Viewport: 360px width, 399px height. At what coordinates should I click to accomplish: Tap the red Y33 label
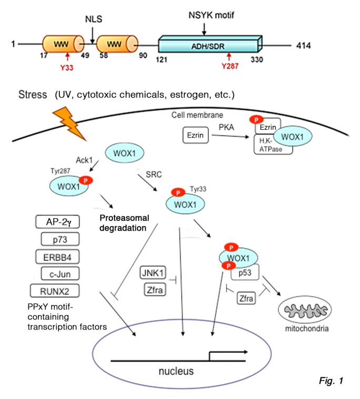click(67, 68)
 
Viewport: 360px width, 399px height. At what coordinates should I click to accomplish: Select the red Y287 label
click(230, 66)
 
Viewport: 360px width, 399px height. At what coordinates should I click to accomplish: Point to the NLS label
click(94, 19)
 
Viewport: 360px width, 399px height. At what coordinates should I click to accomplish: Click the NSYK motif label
click(211, 15)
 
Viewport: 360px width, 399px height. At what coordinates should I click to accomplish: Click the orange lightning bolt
click(69, 124)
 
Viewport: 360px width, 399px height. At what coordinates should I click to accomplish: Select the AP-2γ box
click(57, 222)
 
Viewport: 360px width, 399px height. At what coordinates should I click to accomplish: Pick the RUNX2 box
click(55, 291)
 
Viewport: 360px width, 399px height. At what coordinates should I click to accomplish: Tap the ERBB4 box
click(57, 257)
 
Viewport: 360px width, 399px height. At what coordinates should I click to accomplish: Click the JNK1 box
click(153, 273)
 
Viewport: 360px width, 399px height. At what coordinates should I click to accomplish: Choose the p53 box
click(245, 272)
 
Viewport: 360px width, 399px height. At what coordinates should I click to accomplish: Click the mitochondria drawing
click(305, 310)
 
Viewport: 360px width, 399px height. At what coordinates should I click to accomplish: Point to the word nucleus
click(176, 371)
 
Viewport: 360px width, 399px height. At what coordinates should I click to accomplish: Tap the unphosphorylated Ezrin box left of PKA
click(196, 135)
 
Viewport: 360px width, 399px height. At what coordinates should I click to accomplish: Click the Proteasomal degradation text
click(124, 223)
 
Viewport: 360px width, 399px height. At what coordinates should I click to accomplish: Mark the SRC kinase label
click(153, 175)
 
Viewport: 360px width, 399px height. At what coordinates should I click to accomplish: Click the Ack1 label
click(84, 160)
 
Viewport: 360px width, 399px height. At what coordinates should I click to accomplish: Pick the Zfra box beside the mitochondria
click(246, 298)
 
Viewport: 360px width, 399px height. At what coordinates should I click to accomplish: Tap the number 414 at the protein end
click(304, 46)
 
